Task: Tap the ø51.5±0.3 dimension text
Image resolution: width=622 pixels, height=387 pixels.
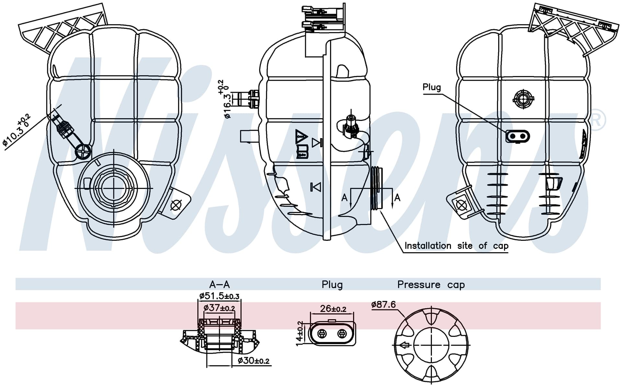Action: click(x=219, y=296)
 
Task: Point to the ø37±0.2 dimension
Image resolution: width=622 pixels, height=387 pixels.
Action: click(x=219, y=308)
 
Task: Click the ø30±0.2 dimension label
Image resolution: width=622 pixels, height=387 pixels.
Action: click(x=253, y=360)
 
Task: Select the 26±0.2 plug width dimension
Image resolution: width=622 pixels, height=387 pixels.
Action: click(x=333, y=309)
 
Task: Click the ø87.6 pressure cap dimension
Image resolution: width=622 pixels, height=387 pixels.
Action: click(x=384, y=304)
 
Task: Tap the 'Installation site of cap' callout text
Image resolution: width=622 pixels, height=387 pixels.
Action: click(x=456, y=246)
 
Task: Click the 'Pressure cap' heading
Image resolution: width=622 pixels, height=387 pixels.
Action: click(x=431, y=285)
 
